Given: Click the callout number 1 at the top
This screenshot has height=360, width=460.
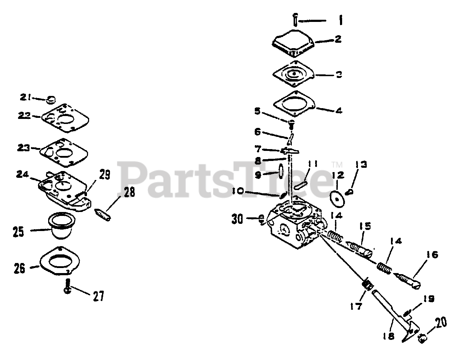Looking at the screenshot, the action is pos(340,20).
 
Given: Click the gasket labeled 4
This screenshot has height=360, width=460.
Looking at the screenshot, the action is pos(294,104).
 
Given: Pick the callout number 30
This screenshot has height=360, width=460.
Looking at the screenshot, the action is pos(237,219).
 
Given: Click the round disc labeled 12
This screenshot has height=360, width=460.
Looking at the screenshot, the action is pos(337,198).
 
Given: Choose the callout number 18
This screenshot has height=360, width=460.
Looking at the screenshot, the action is pos(389,336).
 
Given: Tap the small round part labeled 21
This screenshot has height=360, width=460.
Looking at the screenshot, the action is pos(51,98).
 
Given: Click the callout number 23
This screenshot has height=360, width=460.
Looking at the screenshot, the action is pos(24,148).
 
